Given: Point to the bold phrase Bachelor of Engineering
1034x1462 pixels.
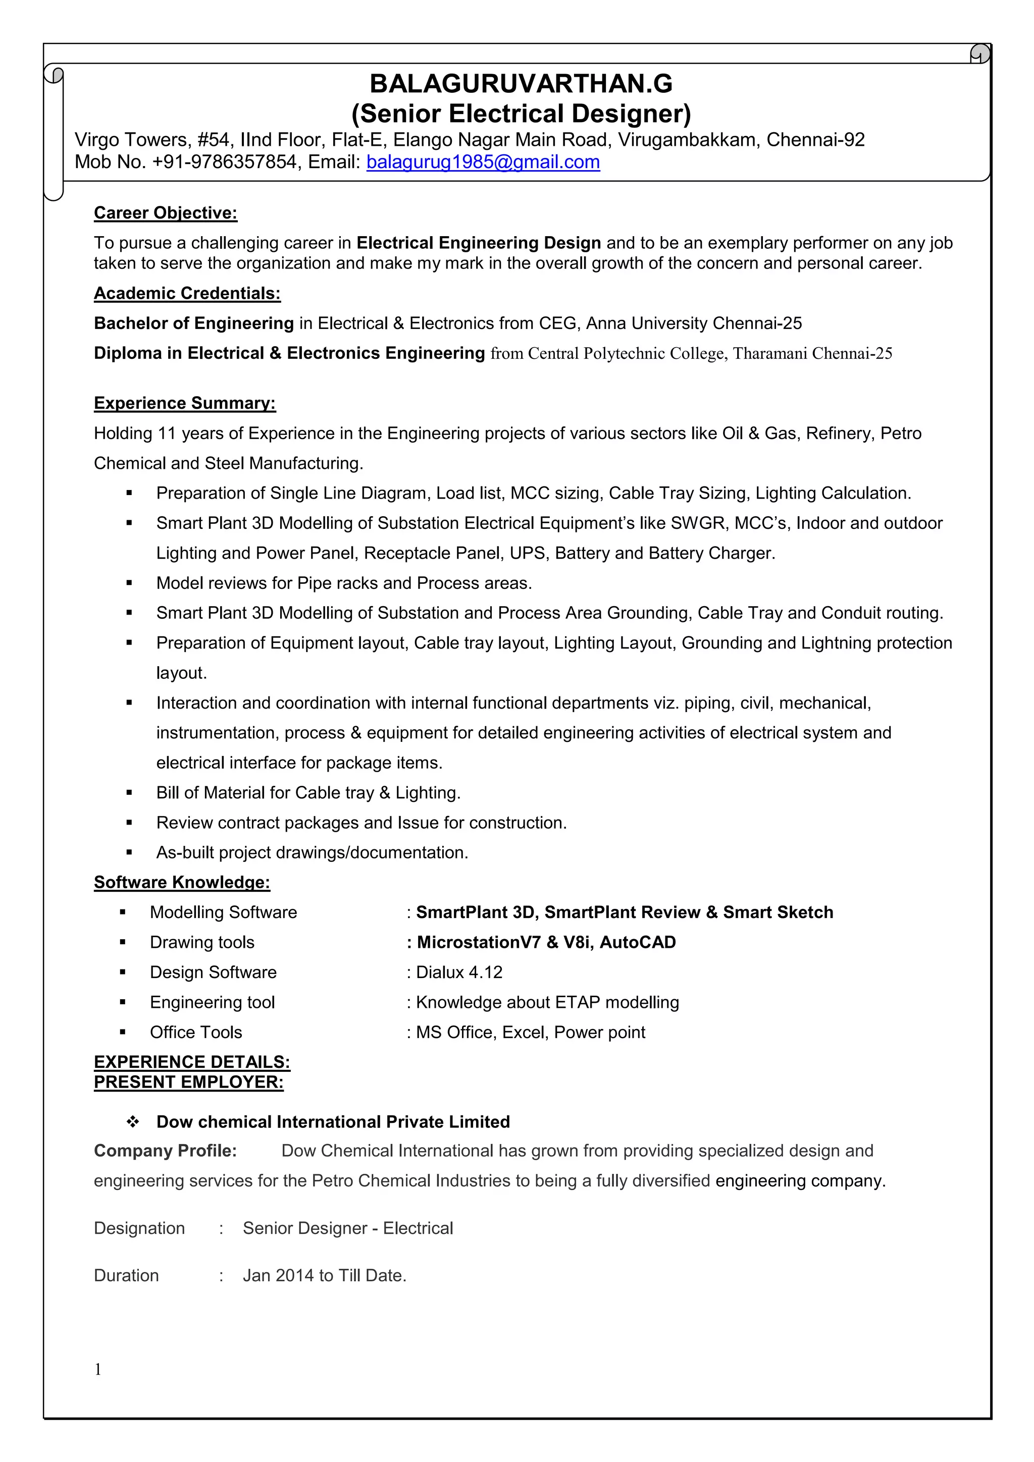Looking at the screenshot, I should [194, 323].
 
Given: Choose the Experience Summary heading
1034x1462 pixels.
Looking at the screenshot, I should [185, 403].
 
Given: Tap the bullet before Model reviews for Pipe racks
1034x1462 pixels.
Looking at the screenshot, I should [129, 583].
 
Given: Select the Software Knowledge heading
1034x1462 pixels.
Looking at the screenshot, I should [182, 883].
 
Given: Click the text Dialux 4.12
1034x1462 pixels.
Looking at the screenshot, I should [459, 972].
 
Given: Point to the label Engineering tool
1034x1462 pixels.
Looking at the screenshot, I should [212, 1002].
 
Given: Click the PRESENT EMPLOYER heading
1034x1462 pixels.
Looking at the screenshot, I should [189, 1082].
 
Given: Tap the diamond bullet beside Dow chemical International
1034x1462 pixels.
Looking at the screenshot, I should [132, 1122].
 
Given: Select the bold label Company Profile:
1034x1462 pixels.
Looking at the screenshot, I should [165, 1151].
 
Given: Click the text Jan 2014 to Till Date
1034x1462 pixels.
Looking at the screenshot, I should [324, 1275].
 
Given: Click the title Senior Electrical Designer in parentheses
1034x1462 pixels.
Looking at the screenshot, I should [521, 114].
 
